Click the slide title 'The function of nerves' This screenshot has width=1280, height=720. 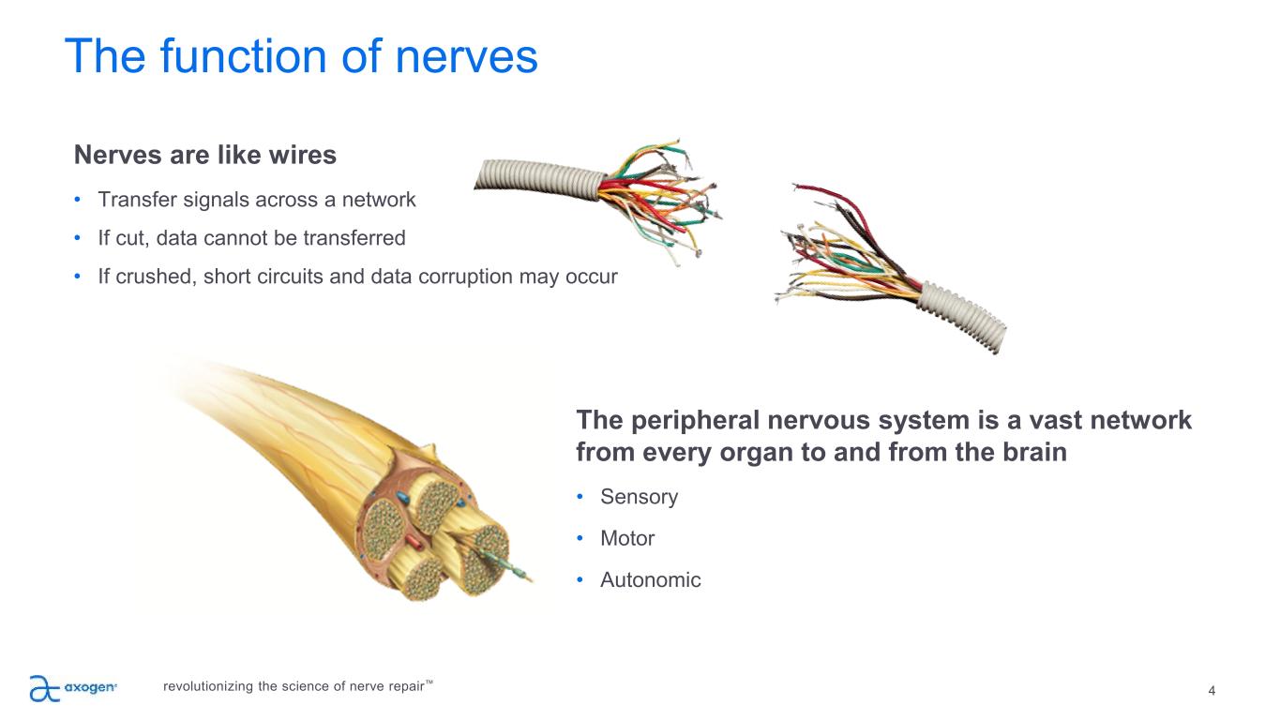tap(301, 57)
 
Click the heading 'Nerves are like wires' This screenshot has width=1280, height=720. tap(204, 155)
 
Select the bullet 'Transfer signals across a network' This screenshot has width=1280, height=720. tap(256, 200)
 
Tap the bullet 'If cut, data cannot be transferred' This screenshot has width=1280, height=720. tap(251, 238)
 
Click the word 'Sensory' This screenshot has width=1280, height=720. tap(640, 497)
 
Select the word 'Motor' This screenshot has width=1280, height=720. tap(627, 538)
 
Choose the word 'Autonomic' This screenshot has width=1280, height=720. tap(651, 580)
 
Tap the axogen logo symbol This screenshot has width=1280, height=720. tap(43, 688)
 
